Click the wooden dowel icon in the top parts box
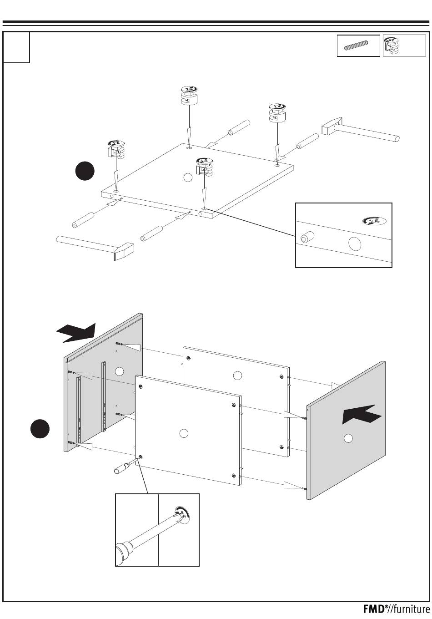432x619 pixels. (x=358, y=46)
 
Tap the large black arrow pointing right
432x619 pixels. (x=77, y=333)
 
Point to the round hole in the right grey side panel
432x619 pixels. (x=348, y=438)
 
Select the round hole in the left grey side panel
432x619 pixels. (x=119, y=371)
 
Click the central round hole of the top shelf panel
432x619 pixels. (x=187, y=178)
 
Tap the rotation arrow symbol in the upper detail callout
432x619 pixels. (x=374, y=221)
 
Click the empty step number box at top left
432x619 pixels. (x=16, y=47)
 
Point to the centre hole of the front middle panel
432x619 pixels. (x=184, y=433)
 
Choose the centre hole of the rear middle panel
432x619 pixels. (x=236, y=375)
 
